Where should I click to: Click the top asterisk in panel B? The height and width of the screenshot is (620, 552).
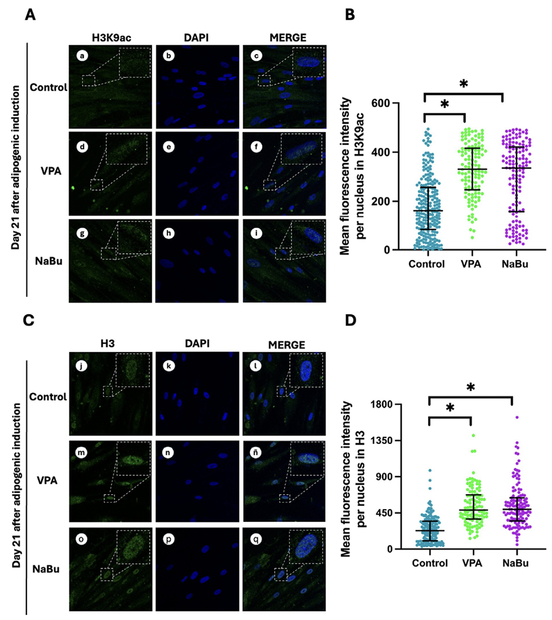click(x=463, y=83)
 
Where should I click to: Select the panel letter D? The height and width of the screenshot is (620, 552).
click(x=350, y=321)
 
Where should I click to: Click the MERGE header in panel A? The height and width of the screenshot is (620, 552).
click(x=282, y=38)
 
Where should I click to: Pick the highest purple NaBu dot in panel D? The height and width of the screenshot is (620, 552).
click(x=517, y=417)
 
